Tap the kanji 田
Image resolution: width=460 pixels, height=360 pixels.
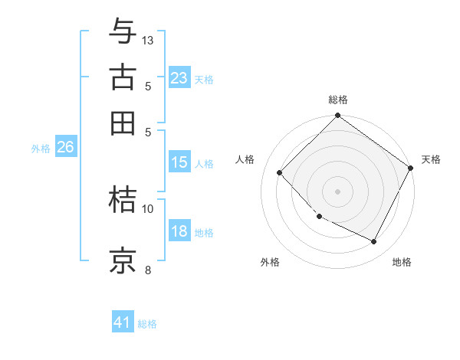(123, 123)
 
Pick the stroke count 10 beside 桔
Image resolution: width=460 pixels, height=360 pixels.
(148, 208)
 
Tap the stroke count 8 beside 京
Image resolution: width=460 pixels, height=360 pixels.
(148, 269)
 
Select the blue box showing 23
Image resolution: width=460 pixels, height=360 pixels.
(179, 78)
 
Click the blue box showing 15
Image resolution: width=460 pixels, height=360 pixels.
(179, 162)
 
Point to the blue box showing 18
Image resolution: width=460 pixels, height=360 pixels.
(179, 232)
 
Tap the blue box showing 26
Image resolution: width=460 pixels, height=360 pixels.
(65, 148)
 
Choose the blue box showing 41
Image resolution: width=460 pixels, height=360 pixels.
(123, 322)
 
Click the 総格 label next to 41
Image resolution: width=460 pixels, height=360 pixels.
(147, 324)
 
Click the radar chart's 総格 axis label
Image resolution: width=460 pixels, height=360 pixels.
(338, 100)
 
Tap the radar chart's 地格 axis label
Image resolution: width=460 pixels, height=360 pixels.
(402, 262)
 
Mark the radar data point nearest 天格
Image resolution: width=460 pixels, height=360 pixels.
(411, 168)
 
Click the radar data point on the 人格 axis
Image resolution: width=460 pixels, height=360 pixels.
(280, 172)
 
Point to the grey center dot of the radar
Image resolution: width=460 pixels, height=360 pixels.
(337, 191)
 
